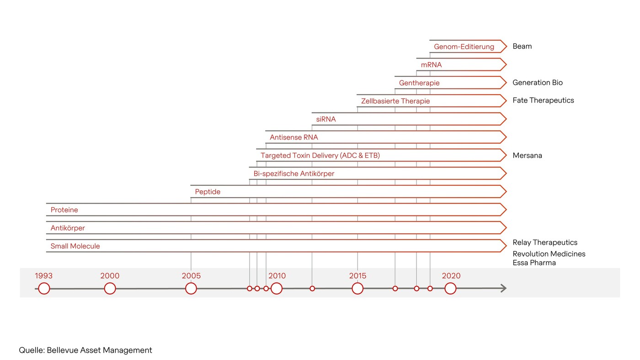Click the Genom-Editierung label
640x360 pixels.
464,47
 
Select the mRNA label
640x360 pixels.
431,65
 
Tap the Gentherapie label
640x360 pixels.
419,83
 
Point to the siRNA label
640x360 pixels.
325,119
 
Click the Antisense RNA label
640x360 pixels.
293,137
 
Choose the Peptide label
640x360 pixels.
208,192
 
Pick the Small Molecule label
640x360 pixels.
75,246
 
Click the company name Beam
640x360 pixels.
522,46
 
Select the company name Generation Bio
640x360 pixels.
538,83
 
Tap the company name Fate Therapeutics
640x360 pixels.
543,101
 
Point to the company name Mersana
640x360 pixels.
527,156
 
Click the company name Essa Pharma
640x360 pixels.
534,263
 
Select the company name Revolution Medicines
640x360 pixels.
549,254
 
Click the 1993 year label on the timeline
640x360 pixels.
43,276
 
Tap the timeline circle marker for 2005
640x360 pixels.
191,289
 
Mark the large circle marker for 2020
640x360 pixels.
450,289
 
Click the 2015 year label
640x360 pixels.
357,276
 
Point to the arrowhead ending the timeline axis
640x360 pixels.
503,288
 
